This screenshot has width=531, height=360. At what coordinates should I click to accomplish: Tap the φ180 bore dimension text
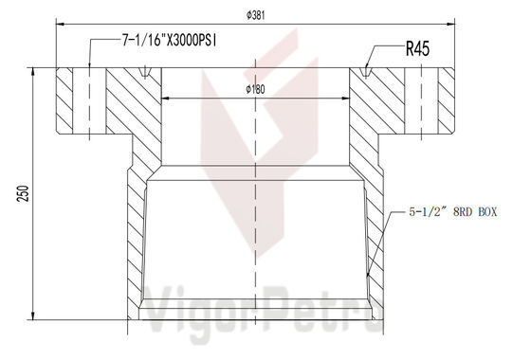click(x=256, y=89)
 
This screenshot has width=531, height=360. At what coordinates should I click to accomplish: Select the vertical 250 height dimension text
click(x=17, y=193)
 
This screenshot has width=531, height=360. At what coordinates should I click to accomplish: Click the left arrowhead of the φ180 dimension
click(x=165, y=98)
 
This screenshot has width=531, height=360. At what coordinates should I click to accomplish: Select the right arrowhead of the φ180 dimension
click(x=348, y=98)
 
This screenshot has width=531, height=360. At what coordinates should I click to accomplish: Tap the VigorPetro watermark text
click(x=256, y=303)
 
